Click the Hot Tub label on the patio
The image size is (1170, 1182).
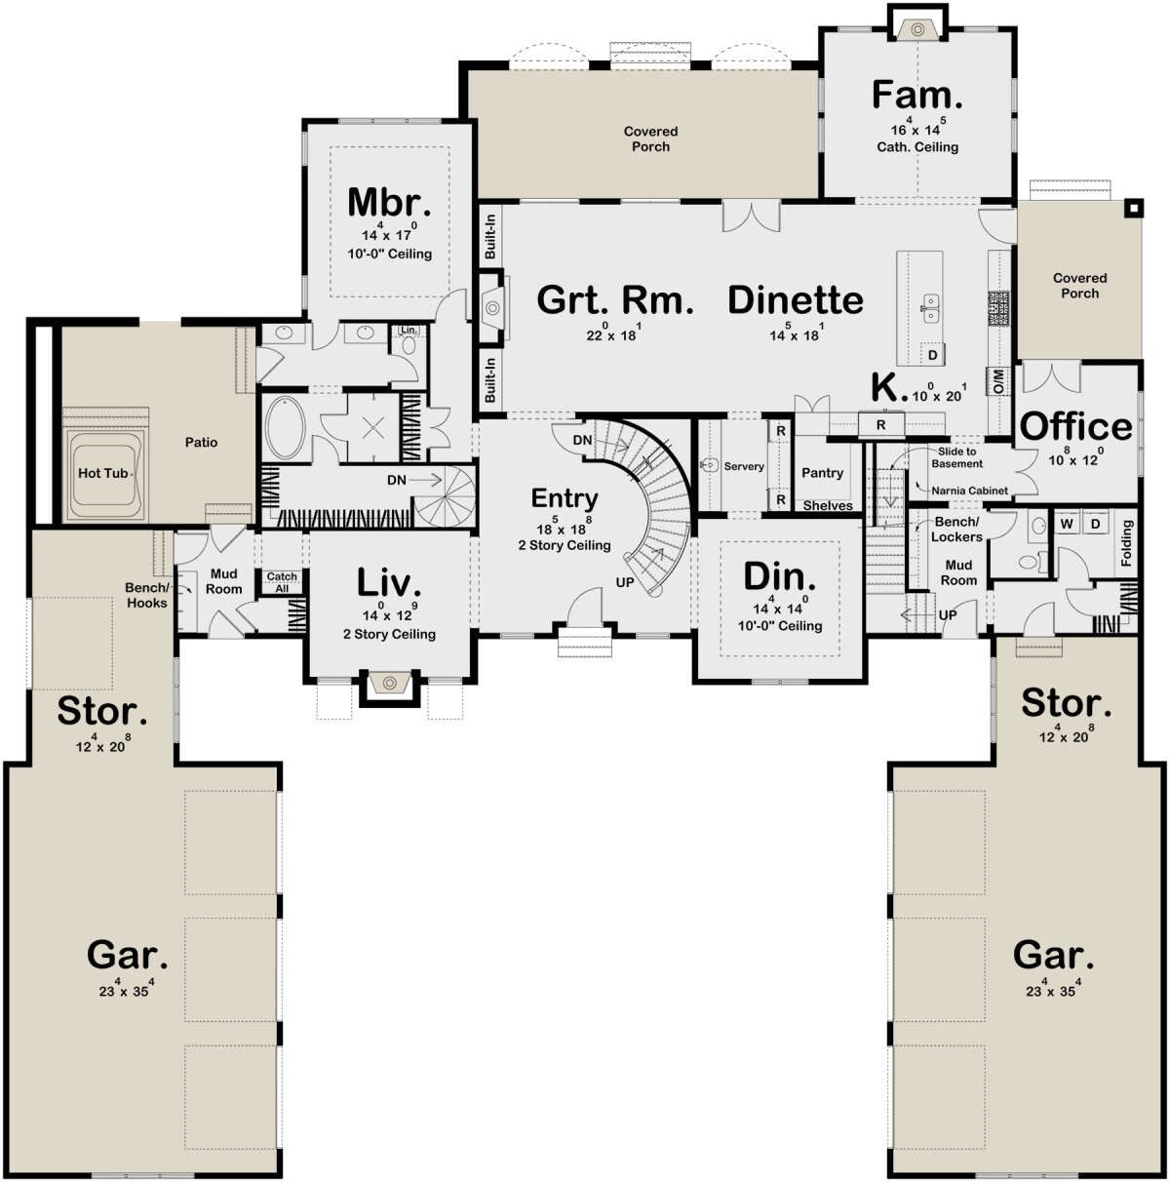point(103,473)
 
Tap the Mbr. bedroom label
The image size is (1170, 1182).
point(389,202)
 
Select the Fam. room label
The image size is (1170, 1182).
point(916,95)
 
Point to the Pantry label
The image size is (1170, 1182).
point(822,472)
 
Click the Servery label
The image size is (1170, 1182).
point(744,466)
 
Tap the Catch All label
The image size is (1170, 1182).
point(282,582)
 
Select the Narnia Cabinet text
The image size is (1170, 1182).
point(969,491)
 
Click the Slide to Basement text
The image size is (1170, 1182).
point(956,457)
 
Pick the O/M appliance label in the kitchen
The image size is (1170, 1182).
point(998,380)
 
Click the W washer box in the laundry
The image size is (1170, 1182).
point(1067,524)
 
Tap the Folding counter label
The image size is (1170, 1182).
point(1126,543)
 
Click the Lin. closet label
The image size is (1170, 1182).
point(409,330)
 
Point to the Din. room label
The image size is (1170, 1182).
point(779,577)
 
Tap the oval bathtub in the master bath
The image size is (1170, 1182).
point(284,428)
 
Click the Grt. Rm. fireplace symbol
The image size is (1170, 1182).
point(492,307)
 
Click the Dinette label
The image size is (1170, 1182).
point(796,300)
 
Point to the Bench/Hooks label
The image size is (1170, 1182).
point(146,595)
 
